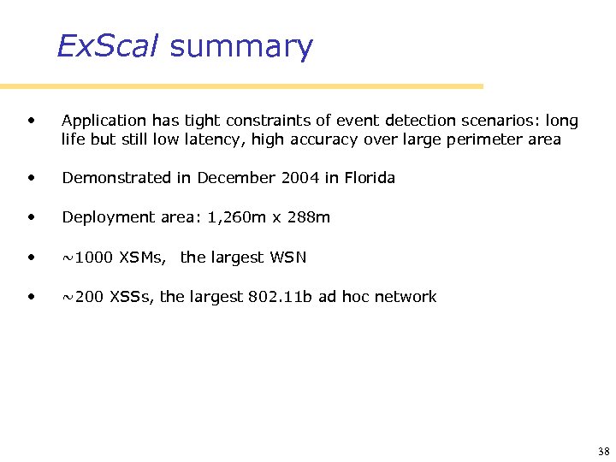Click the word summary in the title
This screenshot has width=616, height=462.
point(241,47)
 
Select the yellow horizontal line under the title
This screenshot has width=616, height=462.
point(241,86)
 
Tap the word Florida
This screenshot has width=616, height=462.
point(370,178)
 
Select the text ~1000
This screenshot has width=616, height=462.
point(87,258)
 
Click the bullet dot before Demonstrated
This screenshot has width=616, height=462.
point(33,178)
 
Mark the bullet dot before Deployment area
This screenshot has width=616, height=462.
point(33,217)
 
